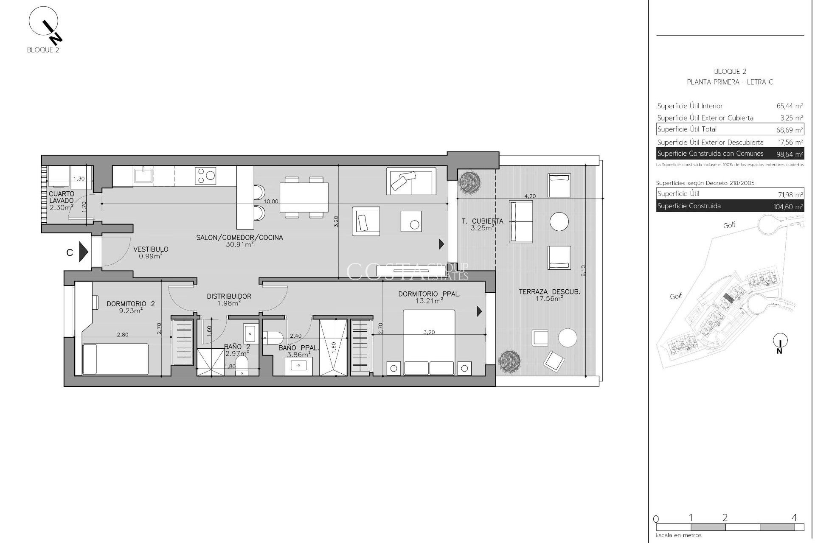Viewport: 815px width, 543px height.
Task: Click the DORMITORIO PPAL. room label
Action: tap(429, 294)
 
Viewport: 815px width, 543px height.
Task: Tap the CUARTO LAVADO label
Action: tap(62, 197)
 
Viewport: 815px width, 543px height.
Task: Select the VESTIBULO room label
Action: tap(151, 249)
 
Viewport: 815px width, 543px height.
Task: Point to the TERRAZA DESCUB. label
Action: tap(549, 292)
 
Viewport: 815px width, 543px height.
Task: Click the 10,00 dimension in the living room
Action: tap(271, 202)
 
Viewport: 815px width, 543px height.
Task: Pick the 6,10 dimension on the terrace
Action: tap(583, 271)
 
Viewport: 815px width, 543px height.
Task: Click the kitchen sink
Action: tap(144, 175)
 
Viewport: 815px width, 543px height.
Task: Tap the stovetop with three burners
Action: tap(205, 175)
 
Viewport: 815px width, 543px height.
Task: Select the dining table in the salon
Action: tap(304, 197)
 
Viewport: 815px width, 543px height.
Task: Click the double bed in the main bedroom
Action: tap(429, 343)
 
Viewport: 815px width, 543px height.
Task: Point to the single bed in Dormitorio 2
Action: tap(115, 359)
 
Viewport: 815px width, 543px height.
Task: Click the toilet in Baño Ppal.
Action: tap(273, 338)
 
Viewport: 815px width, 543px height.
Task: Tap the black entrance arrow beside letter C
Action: tap(84, 252)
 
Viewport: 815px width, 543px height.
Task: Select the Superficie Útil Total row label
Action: tap(687, 129)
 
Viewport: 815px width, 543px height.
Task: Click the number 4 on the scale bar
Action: tap(794, 518)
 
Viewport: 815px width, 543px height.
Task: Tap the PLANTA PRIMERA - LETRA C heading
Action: tap(730, 82)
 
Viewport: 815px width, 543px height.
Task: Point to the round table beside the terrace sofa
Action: tap(559, 221)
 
